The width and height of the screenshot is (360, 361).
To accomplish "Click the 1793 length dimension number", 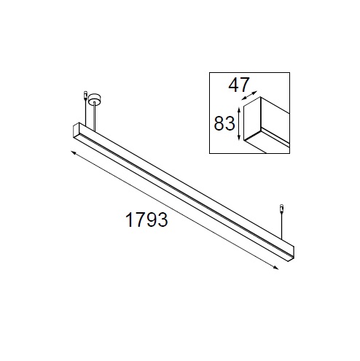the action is pos(146,220).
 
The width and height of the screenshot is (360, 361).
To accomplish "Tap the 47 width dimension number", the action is pos(239,85).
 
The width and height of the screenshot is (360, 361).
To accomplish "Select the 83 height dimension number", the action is pos(224,123).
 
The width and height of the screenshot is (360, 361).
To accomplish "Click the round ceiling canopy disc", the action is pos(95,99).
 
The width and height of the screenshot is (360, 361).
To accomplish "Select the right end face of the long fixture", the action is pos(291,254).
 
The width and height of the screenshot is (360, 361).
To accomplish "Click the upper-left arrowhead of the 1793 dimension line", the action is pos(73,152).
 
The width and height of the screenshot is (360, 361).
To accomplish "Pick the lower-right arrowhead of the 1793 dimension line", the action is pos(276,268).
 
